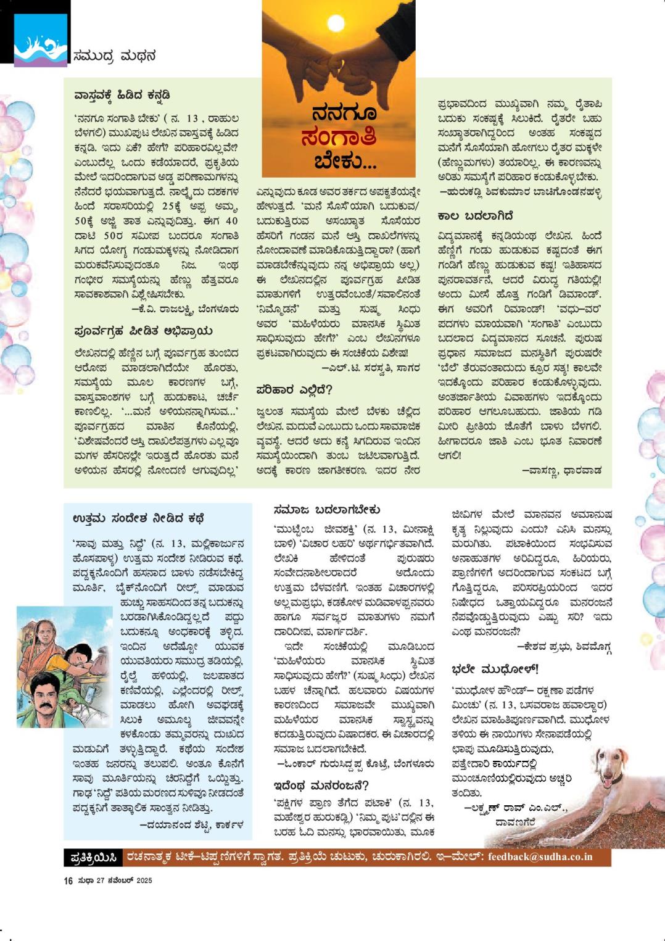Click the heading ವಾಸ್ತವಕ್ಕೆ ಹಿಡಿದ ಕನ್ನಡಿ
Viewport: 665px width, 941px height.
122,96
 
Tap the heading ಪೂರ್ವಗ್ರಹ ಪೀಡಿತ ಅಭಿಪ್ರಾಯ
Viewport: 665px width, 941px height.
142,331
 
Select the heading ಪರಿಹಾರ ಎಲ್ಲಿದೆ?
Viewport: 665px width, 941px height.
294,389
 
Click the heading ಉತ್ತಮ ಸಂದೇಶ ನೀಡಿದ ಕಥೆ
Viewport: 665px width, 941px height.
138,518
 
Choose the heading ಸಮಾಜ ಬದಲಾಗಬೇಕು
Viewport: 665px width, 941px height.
326,510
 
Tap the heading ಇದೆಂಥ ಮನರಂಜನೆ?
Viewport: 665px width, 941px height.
321,786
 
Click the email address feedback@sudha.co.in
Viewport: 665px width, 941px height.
540,856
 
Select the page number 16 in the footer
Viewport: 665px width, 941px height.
68,881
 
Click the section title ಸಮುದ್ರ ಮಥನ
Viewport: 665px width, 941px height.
114,56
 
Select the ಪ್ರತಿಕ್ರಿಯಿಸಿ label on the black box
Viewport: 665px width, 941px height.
94,857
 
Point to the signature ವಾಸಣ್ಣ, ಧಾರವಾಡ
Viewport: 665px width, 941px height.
561,470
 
